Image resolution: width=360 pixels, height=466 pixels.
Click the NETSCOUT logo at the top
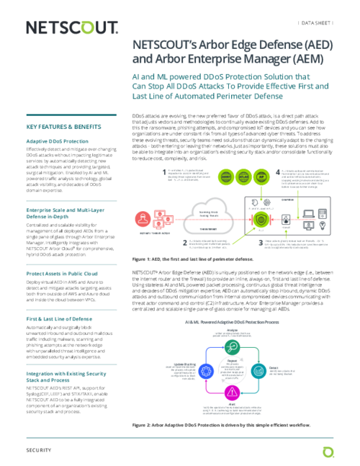click(72, 27)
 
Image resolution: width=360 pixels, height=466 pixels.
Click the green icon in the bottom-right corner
click(328, 452)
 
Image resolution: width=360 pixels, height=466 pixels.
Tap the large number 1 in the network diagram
click(163, 172)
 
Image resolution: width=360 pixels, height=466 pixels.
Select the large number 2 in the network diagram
click(185, 243)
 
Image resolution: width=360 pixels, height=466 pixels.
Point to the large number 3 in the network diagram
click(261, 243)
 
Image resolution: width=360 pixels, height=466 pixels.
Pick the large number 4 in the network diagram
click(278, 172)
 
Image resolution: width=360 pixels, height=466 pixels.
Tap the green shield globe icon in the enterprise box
click(263, 217)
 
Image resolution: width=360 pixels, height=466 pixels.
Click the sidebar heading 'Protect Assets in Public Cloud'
click(62, 274)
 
